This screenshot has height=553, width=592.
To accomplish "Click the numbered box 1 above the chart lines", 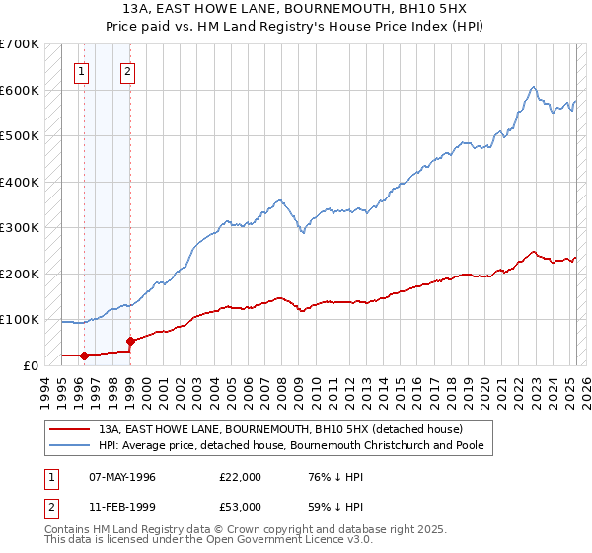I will tap(80, 71).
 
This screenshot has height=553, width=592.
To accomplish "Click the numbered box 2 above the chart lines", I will tap(128, 71).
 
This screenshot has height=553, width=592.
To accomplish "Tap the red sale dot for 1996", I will tap(84, 355).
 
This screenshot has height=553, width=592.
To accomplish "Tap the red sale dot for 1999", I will tap(130, 342).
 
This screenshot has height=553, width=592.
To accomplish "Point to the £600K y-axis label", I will tap(20, 90).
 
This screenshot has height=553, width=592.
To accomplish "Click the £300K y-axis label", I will tap(20, 227).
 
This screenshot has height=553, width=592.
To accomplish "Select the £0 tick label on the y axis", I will tap(32, 365).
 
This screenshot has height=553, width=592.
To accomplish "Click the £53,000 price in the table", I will tap(241, 506).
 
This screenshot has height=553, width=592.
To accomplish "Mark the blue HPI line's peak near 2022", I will tap(533, 87).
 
